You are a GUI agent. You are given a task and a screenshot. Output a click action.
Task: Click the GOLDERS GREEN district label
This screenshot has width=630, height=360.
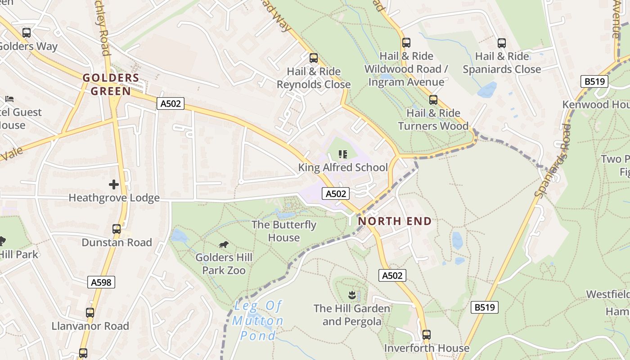111,85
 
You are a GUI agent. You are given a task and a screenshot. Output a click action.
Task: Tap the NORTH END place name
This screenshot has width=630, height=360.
395,221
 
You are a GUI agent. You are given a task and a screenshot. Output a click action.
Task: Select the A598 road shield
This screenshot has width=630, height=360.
101,282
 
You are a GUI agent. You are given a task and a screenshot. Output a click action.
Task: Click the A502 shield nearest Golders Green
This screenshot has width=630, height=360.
171,103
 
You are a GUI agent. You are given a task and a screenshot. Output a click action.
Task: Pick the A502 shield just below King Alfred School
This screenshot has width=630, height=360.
336,193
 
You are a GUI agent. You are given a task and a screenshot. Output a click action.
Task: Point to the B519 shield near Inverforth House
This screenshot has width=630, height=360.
485,307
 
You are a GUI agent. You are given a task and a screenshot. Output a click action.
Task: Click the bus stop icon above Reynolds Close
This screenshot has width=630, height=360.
313,58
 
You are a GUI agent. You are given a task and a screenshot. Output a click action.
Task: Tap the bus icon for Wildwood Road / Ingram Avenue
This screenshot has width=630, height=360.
406,43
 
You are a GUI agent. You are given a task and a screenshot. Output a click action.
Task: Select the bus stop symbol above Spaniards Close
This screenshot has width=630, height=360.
501,43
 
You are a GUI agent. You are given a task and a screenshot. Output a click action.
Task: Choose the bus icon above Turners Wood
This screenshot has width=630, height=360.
433,99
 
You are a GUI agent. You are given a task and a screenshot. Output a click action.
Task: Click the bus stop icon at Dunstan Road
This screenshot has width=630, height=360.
117,229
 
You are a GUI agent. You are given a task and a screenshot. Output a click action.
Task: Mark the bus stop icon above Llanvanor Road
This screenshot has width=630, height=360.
90,312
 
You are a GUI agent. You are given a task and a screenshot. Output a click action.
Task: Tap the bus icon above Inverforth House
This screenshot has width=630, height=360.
426,334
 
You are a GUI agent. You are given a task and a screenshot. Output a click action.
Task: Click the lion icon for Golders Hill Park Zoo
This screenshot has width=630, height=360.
223,244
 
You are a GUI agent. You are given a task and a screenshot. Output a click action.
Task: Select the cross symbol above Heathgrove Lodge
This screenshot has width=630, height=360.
114,184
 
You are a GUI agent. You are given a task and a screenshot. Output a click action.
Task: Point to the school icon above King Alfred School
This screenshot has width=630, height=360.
343,154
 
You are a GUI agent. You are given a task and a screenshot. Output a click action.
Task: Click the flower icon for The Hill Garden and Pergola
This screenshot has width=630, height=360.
352,295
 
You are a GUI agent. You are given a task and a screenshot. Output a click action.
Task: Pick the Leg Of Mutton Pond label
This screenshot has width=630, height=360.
258,321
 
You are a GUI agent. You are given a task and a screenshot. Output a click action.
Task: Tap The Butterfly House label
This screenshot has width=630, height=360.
283,231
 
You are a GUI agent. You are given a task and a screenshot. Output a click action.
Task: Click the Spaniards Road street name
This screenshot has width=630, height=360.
553,160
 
